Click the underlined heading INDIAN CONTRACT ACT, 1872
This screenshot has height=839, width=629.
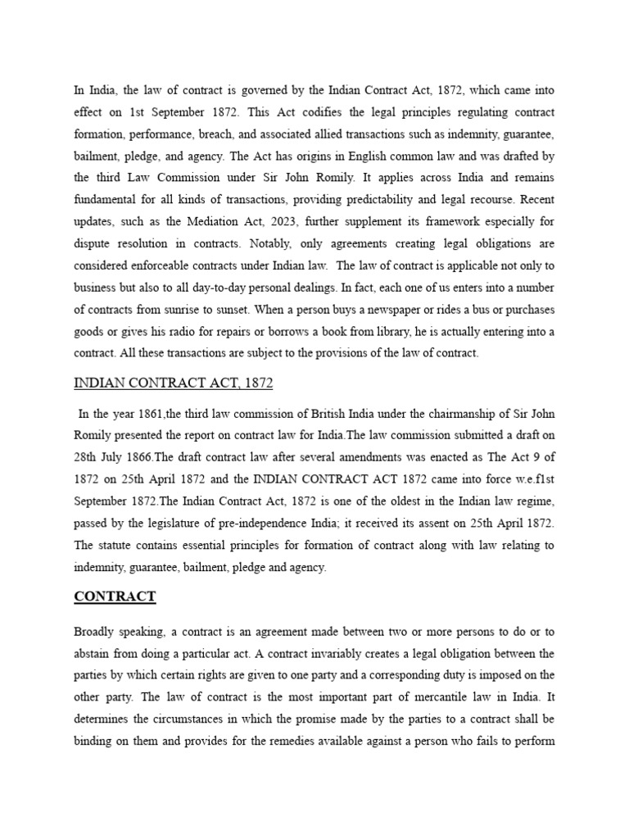174,383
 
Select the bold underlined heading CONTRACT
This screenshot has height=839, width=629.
115,596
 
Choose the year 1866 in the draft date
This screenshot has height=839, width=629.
134,456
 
